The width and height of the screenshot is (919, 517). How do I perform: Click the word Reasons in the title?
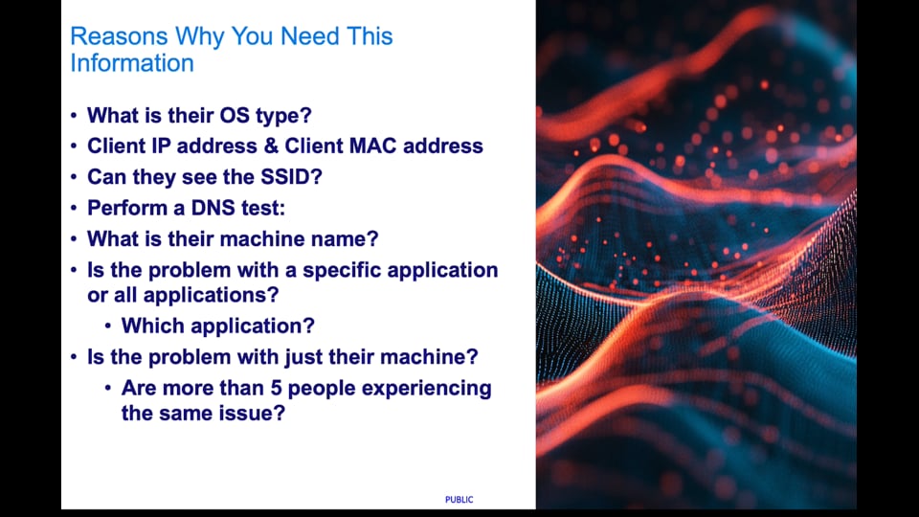(x=119, y=36)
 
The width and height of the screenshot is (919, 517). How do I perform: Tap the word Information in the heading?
(x=132, y=63)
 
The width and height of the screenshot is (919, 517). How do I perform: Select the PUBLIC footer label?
(x=459, y=500)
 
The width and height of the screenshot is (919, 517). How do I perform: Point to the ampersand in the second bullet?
(x=271, y=146)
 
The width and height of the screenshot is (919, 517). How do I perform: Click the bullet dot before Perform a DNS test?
(x=74, y=208)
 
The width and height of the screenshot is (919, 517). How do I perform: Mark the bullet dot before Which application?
(x=108, y=326)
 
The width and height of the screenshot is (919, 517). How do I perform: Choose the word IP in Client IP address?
(x=161, y=146)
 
